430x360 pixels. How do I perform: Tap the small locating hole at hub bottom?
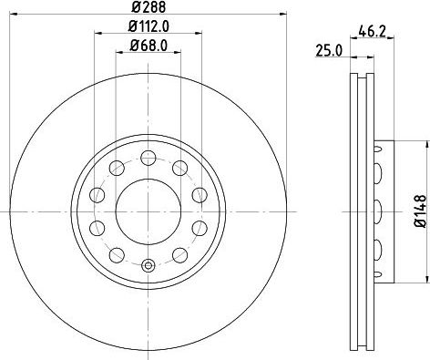(x=148, y=266)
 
